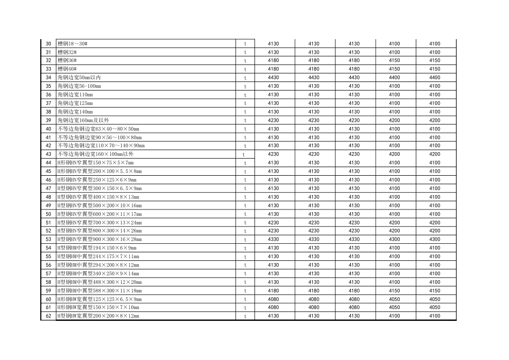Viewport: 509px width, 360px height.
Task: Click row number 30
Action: [48, 44]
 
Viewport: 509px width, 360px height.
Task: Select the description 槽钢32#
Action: [67, 52]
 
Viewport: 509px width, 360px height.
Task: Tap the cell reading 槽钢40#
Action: [67, 69]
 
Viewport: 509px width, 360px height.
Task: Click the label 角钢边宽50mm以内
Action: [83, 78]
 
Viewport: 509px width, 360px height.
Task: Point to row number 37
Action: [48, 103]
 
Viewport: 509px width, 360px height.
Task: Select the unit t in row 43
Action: [244, 154]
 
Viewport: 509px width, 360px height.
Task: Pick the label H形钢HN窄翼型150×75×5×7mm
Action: [95, 163]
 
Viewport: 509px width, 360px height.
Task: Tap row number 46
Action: [48, 180]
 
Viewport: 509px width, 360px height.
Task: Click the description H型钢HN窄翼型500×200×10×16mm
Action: [100, 206]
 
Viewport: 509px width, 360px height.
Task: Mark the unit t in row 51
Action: [245, 223]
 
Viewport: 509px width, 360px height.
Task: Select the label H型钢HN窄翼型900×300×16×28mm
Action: [100, 239]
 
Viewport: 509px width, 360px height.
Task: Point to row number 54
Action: [48, 248]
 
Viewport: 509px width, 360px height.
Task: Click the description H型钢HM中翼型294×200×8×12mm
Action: [98, 265]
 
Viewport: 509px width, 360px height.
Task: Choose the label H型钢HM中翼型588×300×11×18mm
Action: [100, 291]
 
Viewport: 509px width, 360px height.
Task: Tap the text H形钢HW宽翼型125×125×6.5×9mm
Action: [100, 299]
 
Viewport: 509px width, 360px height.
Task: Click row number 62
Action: [48, 316]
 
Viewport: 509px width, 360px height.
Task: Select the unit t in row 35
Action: [245, 86]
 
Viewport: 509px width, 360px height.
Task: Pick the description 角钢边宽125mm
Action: [75, 103]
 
